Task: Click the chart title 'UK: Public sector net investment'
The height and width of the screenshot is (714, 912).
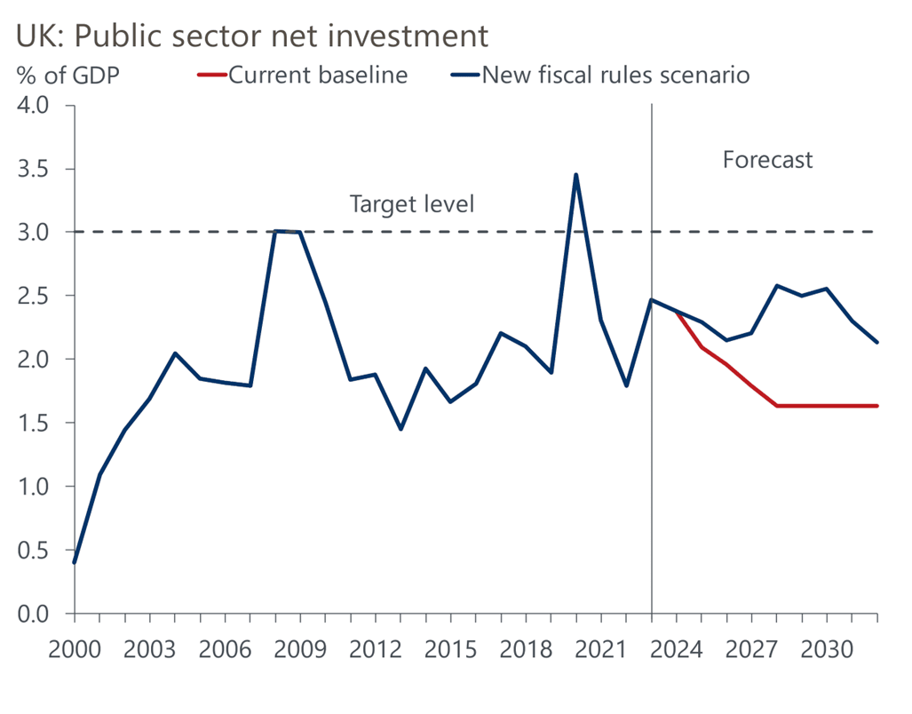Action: pyautogui.click(x=251, y=36)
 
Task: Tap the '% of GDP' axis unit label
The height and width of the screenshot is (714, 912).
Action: pyautogui.click(x=67, y=75)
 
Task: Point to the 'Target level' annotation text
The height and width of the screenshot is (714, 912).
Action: pyautogui.click(x=412, y=203)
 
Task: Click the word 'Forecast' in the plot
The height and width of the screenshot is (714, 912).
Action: pyautogui.click(x=767, y=160)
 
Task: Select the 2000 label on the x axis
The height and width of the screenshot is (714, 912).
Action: pyautogui.click(x=75, y=645)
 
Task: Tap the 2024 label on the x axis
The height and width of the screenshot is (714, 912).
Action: pyautogui.click(x=677, y=645)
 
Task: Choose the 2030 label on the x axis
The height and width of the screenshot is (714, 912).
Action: pyautogui.click(x=827, y=645)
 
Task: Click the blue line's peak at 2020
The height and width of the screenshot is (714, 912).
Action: pyautogui.click(x=576, y=175)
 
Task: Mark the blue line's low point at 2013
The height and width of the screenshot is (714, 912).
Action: pyautogui.click(x=400, y=429)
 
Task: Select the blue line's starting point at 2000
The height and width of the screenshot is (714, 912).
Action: pyautogui.click(x=75, y=562)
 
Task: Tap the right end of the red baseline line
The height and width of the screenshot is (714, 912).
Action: pyautogui.click(x=877, y=406)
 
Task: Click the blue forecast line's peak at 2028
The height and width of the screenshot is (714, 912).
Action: pyautogui.click(x=777, y=286)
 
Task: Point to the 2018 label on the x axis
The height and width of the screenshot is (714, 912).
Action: pyautogui.click(x=527, y=645)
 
